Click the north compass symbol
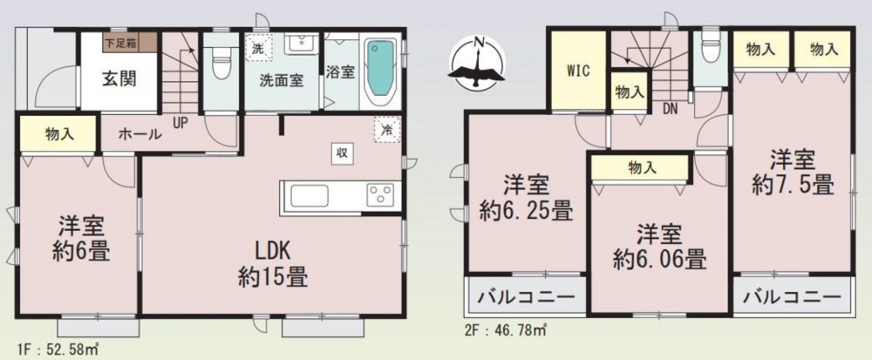click(477, 62)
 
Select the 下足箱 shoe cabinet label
click(120, 41)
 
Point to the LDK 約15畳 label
click(273, 263)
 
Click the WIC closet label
click(578, 71)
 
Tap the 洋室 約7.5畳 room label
click(793, 173)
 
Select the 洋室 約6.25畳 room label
click(526, 198)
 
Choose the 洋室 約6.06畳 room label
click(659, 246)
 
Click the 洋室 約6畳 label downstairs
click(81, 239)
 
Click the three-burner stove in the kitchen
click(380, 195)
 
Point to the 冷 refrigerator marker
click(386, 130)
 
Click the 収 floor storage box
click(342, 153)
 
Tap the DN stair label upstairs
click(670, 110)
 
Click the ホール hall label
click(140, 134)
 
